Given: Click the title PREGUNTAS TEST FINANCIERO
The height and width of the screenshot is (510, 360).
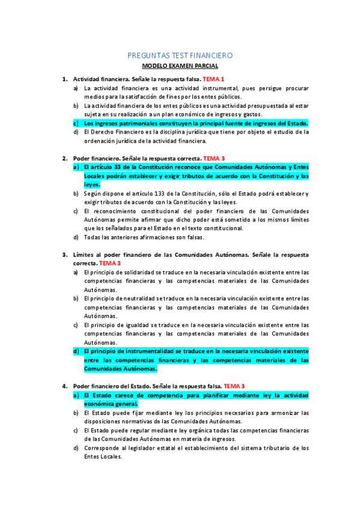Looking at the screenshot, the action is tap(180, 55).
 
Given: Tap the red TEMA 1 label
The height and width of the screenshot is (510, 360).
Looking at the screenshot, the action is tap(213, 79).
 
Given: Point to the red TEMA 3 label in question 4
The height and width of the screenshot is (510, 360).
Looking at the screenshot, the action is tap(234, 386).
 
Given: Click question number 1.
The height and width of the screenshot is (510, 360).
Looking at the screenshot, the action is tap(64, 79).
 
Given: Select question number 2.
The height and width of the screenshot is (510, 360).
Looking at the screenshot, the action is tap(64, 158).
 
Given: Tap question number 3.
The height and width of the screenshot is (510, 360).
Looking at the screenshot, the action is tap(64, 254).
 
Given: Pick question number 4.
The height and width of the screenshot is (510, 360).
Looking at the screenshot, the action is tap(64, 386).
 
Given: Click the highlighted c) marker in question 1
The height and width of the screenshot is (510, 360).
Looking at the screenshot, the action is tap(76, 123).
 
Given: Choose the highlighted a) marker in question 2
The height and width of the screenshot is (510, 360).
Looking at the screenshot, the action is tap(76, 167).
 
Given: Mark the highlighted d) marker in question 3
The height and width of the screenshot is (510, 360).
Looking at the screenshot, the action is tap(76, 351).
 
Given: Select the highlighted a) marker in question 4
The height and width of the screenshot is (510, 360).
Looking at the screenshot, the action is tap(76, 395).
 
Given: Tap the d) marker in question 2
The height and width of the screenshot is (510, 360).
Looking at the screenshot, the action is tap(76, 237).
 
